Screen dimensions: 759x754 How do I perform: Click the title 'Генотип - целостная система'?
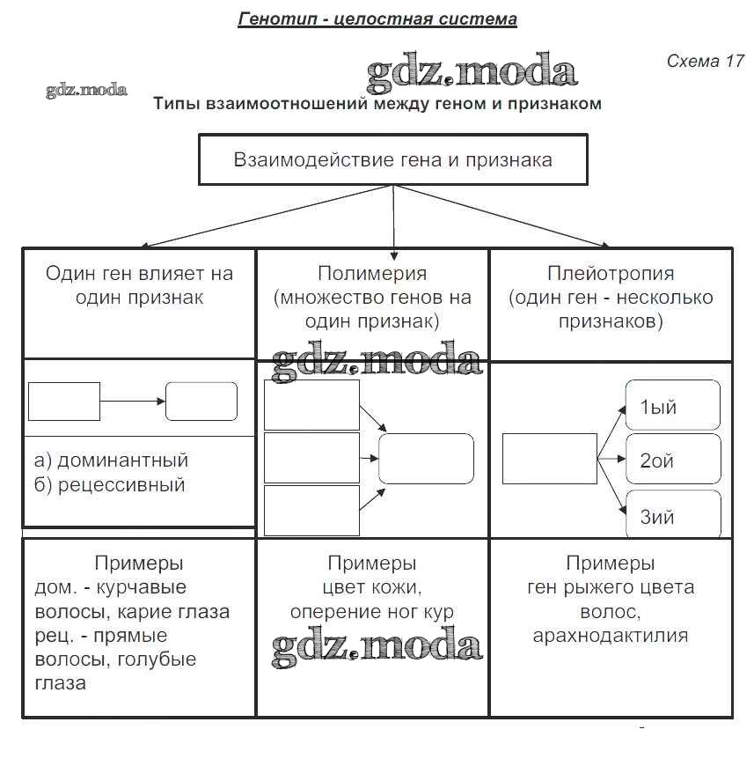pyautogui.click(x=377, y=18)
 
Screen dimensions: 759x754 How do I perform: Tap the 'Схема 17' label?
pyautogui.click(x=705, y=61)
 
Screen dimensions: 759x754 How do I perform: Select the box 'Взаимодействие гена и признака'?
pyautogui.click(x=392, y=159)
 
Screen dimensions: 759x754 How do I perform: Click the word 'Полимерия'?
pyautogui.click(x=372, y=273)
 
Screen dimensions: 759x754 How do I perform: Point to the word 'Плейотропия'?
pyautogui.click(x=611, y=273)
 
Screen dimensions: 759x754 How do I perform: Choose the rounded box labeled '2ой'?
pyautogui.click(x=672, y=459)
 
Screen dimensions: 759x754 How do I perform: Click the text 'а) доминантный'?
pyautogui.click(x=111, y=461)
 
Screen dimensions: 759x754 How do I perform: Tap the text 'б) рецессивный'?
pyautogui.click(x=109, y=485)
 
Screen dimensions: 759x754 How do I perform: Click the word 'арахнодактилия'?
pyautogui.click(x=611, y=635)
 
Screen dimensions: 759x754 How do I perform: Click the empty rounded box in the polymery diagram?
pyautogui.click(x=426, y=459)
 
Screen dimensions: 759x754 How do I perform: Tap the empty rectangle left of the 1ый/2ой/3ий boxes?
pyautogui.click(x=549, y=459)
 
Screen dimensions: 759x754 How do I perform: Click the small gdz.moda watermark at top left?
pyautogui.click(x=86, y=90)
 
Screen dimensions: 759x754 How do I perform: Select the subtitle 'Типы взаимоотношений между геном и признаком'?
pyautogui.click(x=377, y=104)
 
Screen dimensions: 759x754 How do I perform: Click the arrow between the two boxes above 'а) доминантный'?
pyautogui.click(x=133, y=402)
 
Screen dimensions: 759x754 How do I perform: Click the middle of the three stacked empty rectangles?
pyautogui.click(x=311, y=458)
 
